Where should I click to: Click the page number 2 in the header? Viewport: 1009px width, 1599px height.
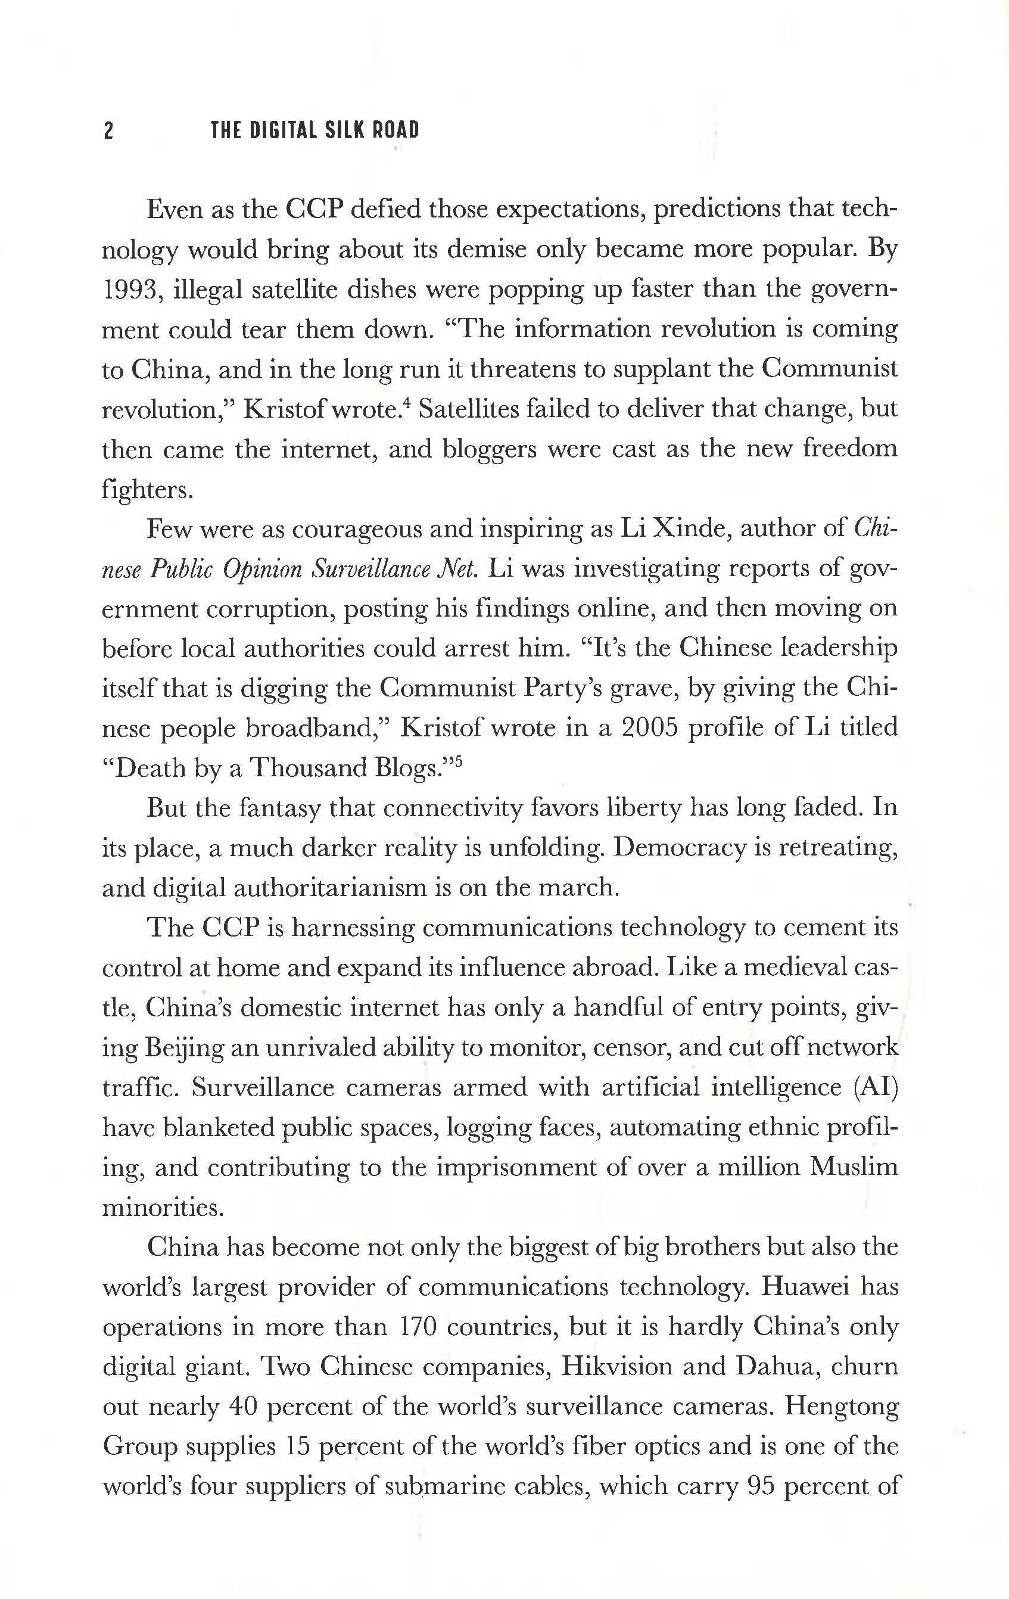(x=110, y=131)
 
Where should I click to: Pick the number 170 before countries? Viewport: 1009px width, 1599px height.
(x=419, y=1327)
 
